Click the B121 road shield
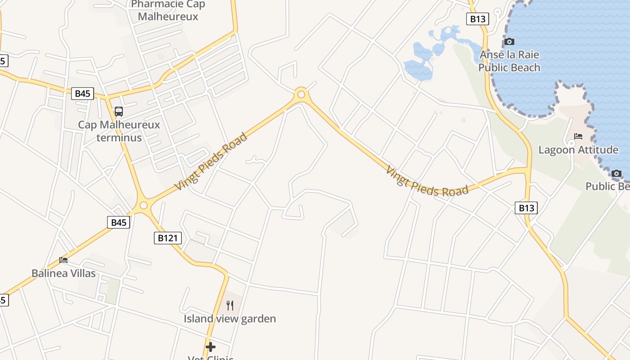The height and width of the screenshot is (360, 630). (x=168, y=238)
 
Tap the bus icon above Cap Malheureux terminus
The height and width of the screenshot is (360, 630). (x=119, y=111)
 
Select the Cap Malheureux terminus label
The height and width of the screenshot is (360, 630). (x=119, y=131)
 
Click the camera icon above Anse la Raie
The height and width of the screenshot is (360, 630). (x=509, y=42)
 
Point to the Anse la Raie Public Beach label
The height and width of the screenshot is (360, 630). (x=509, y=61)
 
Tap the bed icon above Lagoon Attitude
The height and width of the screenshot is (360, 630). (x=578, y=136)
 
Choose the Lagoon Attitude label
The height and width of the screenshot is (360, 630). (x=578, y=150)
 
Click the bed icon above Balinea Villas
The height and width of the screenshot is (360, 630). (x=63, y=260)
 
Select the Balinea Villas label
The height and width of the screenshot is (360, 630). (x=63, y=273)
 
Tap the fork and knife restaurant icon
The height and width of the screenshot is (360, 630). (x=230, y=306)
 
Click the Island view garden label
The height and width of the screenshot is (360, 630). (x=230, y=319)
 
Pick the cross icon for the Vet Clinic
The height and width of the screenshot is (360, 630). (x=210, y=347)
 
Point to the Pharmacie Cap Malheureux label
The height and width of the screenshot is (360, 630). (x=168, y=11)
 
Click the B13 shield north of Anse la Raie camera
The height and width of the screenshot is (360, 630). (x=477, y=19)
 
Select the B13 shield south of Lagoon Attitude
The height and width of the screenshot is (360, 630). (x=526, y=207)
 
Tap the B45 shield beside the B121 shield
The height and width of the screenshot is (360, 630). (x=118, y=222)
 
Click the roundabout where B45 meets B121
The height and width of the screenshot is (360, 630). (x=144, y=205)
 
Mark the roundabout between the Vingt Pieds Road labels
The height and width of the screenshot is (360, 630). (x=301, y=94)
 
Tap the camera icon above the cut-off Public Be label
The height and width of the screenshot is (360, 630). (x=616, y=173)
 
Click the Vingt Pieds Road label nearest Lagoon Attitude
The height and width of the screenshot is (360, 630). (x=427, y=182)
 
